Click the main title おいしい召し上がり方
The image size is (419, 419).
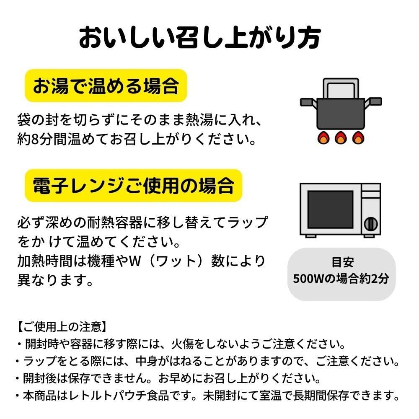(x=200, y=38)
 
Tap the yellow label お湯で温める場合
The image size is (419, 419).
(x=106, y=85)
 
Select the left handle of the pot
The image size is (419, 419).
(x=308, y=102)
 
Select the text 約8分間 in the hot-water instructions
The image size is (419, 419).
(x=49, y=139)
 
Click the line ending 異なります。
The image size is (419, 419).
(x=55, y=279)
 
